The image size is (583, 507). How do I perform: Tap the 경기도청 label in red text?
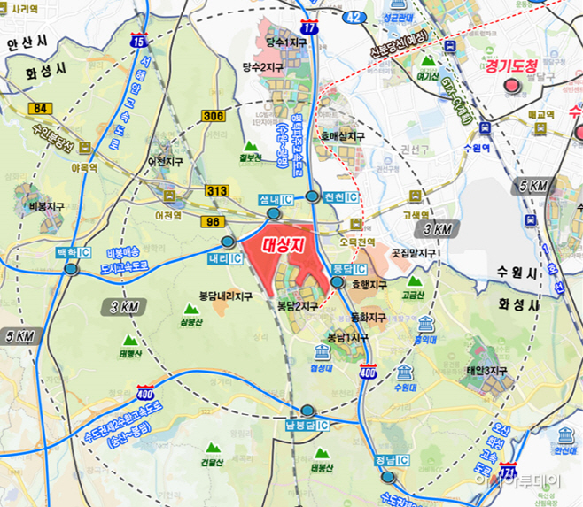511,66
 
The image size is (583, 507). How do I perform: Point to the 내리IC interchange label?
225,258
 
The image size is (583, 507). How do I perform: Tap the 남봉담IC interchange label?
307,425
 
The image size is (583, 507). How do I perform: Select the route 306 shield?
213,116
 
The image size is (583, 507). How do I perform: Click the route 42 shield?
354,17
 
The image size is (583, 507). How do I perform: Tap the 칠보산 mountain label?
251,158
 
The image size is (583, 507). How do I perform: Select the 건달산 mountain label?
212,462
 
